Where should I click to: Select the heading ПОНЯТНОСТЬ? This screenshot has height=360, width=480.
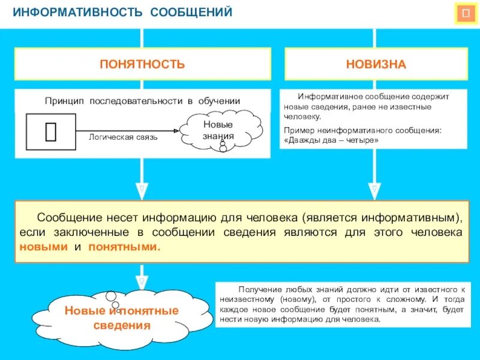[142, 64]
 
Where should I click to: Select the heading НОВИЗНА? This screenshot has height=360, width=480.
[376, 64]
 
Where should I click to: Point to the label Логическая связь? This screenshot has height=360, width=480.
[123, 137]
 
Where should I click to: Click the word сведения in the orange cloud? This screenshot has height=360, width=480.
[122, 326]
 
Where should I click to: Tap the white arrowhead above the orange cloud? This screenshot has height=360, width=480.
[142, 280]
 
